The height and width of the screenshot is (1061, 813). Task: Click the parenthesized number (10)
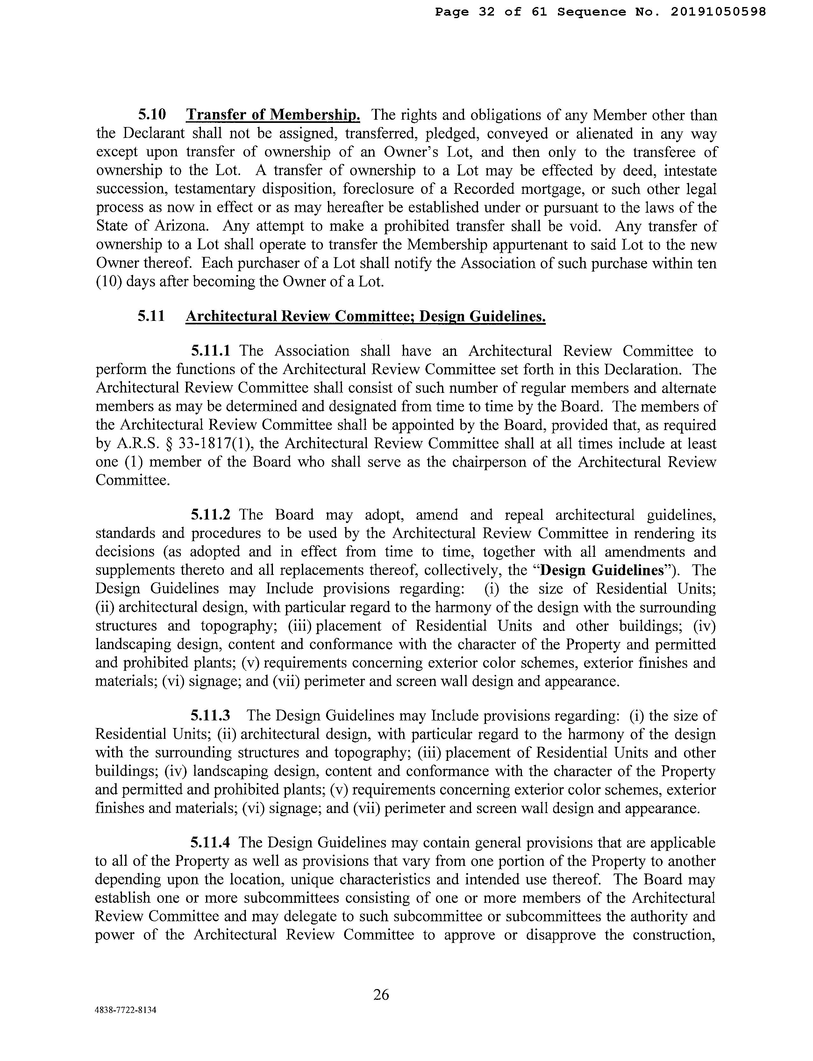(x=107, y=282)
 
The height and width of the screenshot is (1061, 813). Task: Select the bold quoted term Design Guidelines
(x=602, y=570)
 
